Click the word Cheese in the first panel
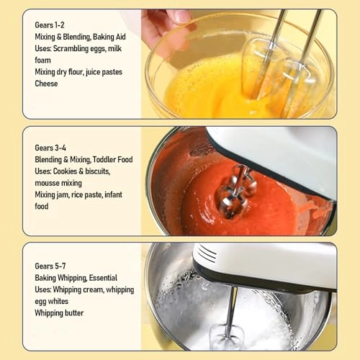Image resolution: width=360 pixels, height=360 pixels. click(x=46, y=84)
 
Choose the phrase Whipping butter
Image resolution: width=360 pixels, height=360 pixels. click(x=59, y=313)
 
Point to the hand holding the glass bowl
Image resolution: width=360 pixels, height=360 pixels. click(x=164, y=29)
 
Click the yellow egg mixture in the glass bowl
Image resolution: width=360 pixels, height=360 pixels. click(x=209, y=90)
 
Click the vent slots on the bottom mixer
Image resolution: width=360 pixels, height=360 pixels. click(x=207, y=253)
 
